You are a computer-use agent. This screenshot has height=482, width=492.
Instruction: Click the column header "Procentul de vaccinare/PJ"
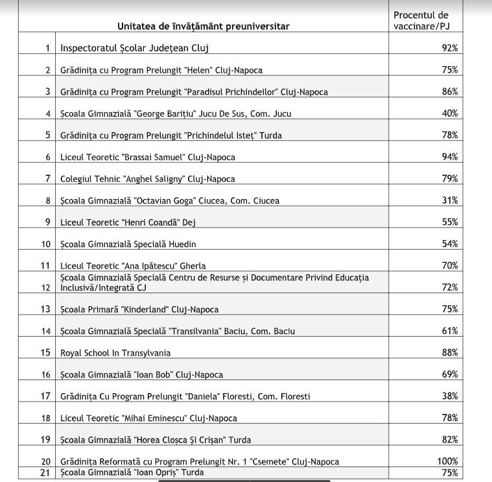(421, 20)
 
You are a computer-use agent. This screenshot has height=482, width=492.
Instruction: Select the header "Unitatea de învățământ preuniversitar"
(203, 27)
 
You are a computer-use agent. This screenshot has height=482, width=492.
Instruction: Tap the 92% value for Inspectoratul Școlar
(450, 48)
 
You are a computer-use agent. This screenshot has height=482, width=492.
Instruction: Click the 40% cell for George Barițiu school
(450, 114)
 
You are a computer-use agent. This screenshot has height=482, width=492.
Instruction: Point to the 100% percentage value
(447, 462)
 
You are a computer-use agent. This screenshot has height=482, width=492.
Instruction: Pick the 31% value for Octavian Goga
(450, 200)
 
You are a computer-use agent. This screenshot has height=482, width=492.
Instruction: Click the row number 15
(45, 353)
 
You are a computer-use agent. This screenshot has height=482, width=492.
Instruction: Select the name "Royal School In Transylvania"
(115, 353)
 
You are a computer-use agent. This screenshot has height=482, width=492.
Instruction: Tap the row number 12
(45, 287)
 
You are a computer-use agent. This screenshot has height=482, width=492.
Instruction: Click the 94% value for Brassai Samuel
(450, 157)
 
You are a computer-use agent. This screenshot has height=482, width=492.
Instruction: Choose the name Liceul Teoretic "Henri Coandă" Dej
(128, 223)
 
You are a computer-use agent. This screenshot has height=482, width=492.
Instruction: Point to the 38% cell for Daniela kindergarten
(450, 396)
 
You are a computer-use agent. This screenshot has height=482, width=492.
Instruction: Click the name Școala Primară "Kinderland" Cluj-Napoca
(139, 309)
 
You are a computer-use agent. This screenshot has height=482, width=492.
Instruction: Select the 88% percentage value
(450, 353)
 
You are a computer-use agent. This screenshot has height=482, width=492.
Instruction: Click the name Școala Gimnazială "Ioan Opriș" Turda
(132, 472)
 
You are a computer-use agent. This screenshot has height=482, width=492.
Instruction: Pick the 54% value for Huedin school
(450, 244)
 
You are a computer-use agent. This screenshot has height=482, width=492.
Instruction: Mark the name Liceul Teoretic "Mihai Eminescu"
(148, 418)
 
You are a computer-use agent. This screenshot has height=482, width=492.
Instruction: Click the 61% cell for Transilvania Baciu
(450, 331)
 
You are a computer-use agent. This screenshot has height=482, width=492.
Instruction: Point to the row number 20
(45, 462)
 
